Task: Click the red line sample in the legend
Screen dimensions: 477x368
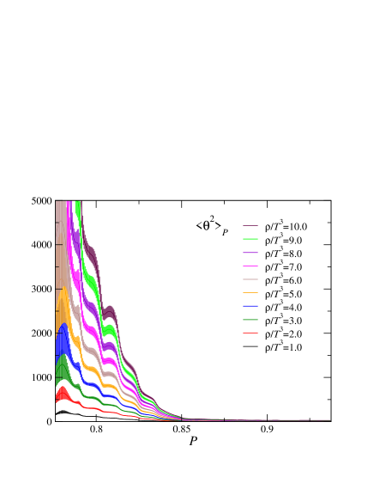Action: (x=250, y=333)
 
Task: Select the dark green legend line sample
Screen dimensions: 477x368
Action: (x=250, y=320)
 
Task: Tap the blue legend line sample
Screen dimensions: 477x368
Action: (x=250, y=306)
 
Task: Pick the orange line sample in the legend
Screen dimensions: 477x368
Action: (x=250, y=293)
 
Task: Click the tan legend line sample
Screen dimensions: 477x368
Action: (x=250, y=279)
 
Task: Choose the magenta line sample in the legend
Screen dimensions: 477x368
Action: (x=250, y=266)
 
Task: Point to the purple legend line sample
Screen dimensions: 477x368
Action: (x=250, y=253)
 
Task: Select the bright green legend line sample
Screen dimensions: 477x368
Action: (x=250, y=239)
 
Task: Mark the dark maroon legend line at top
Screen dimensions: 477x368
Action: (x=250, y=226)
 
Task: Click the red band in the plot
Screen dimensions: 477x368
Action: (x=63, y=395)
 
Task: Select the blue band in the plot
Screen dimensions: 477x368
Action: (x=63, y=344)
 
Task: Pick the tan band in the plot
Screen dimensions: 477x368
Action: (x=61, y=258)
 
